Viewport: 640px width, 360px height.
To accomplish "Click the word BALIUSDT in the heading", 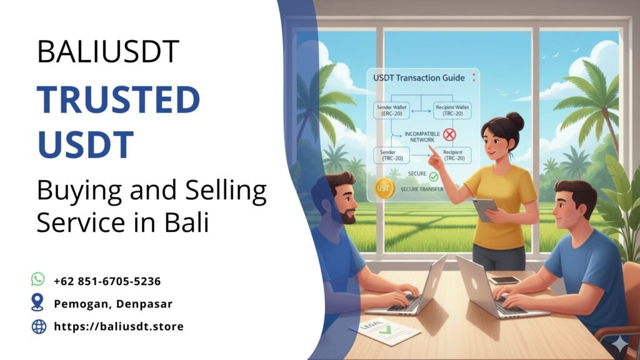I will pyautogui.click(x=107, y=52).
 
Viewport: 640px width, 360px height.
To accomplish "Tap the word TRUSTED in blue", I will pyautogui.click(x=118, y=100).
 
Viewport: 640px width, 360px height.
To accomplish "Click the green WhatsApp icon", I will pyautogui.click(x=39, y=279).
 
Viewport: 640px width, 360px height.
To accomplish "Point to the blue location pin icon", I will pyautogui.click(x=39, y=303).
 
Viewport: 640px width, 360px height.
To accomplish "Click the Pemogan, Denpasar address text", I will pyautogui.click(x=113, y=304).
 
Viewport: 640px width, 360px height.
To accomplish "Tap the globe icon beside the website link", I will pyautogui.click(x=39, y=326).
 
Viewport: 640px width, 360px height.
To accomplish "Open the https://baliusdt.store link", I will pyautogui.click(x=119, y=326).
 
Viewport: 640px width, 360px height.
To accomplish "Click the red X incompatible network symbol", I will pyautogui.click(x=449, y=134).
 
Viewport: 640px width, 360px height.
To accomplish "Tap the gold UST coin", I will pyautogui.click(x=382, y=188).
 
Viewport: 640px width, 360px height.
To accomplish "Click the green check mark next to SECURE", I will pyautogui.click(x=434, y=177).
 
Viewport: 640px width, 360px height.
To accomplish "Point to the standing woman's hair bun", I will pyautogui.click(x=516, y=119).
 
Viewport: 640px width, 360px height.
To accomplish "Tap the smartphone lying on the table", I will pyautogui.click(x=504, y=280).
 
